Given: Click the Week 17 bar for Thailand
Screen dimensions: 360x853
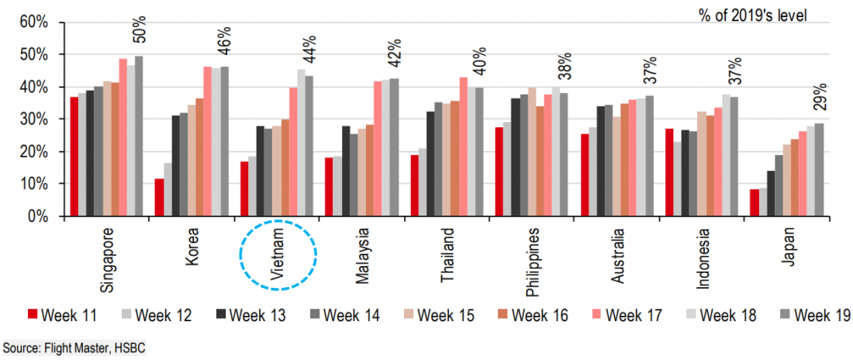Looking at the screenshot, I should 464,147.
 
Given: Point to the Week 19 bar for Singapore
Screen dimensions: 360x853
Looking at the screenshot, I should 139,137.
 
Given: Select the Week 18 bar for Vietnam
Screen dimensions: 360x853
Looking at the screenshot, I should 300,143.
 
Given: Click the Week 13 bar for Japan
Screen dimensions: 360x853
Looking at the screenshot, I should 772,194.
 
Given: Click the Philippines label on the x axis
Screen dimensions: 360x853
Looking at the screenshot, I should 534,263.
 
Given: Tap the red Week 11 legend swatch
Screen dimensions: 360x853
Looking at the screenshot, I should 32,314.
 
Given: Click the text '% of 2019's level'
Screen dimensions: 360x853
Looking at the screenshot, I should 751,15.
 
